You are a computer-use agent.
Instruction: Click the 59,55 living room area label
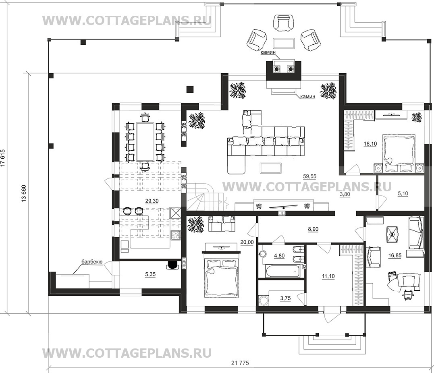click(309, 176)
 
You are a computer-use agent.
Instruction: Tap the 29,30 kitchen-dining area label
click(152, 201)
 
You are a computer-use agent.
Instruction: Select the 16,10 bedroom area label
click(370, 144)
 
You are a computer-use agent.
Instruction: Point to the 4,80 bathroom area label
click(279, 256)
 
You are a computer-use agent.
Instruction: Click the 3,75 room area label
click(285, 298)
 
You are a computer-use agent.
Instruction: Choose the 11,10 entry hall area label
click(328, 276)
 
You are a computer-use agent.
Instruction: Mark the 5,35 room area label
click(150, 274)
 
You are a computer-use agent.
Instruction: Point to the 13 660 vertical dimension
click(24, 193)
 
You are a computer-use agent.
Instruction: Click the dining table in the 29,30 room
click(145, 142)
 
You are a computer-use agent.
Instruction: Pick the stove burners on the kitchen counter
click(175, 236)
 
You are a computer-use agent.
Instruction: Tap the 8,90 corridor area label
click(313, 229)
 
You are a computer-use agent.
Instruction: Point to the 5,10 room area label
click(403, 194)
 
